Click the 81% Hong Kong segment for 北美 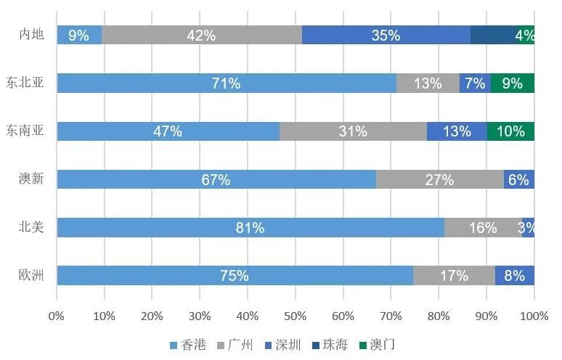point(251,227)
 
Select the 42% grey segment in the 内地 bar point(202,35)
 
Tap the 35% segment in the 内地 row point(386,35)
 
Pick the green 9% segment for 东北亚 point(513,83)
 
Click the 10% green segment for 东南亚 point(510,131)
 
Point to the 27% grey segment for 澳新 point(439,179)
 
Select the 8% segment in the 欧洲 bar point(515,276)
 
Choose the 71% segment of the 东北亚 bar point(227,83)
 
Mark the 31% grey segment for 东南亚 point(353,131)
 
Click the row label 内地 point(31,35)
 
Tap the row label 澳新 point(31,179)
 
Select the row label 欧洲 point(31,276)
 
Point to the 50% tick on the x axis point(296,316)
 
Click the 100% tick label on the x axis point(534,316)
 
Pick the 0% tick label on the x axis point(57,316)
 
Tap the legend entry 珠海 point(331,345)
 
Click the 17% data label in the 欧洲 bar point(454,276)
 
